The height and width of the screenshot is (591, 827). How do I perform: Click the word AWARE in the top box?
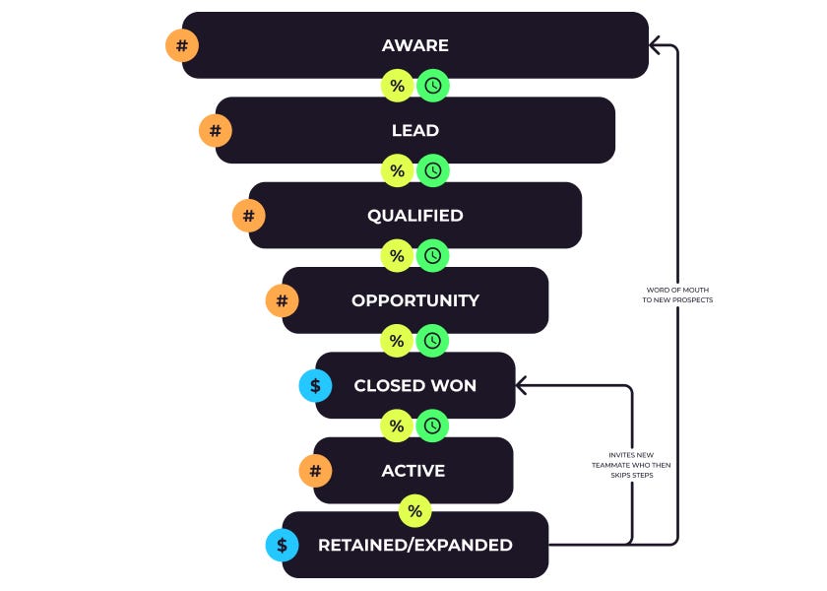414,45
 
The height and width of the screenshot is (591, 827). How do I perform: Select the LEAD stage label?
414,130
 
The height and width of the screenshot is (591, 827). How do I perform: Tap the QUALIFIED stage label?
414,216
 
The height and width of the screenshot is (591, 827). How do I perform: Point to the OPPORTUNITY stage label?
414,300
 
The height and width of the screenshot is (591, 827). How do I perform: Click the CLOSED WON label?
414,386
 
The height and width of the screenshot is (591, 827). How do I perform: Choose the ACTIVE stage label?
413,471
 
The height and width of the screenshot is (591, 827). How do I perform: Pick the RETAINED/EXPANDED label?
414,545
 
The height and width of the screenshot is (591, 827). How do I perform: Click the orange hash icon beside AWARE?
181,45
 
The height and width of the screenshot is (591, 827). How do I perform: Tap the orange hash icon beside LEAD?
215,130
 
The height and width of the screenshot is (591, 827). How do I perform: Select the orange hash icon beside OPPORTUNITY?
282,300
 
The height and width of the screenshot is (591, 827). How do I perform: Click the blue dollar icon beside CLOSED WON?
315,386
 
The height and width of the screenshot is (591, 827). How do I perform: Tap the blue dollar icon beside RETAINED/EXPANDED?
282,545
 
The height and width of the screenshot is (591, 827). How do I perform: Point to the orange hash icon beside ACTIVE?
315,471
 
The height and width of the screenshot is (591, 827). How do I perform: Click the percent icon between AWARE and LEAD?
397,86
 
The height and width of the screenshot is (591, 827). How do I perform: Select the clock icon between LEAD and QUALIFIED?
432,170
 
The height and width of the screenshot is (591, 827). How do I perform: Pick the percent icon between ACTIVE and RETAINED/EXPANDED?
414,511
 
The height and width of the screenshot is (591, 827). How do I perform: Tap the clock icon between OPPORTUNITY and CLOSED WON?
432,341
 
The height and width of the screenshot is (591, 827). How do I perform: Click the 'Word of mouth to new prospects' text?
677,295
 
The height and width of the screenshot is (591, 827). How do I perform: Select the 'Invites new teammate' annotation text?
630,464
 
